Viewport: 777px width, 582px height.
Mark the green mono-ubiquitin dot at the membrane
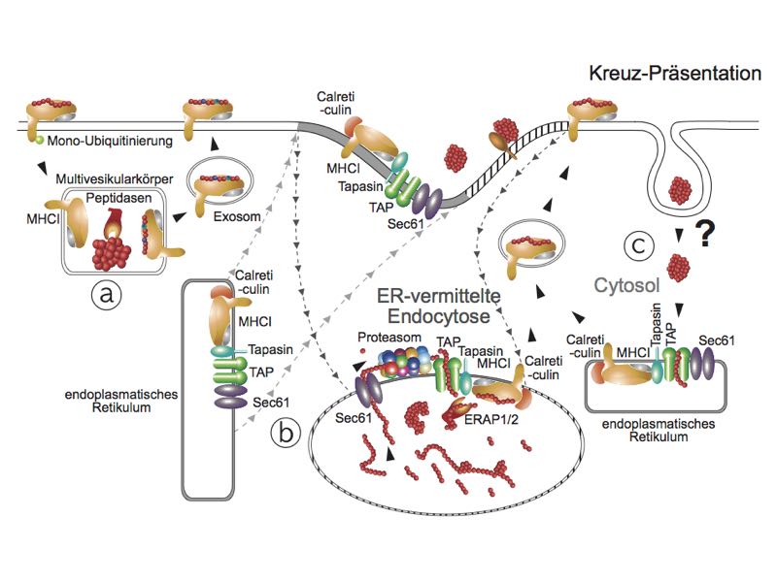pyautogui.click(x=33, y=141)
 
